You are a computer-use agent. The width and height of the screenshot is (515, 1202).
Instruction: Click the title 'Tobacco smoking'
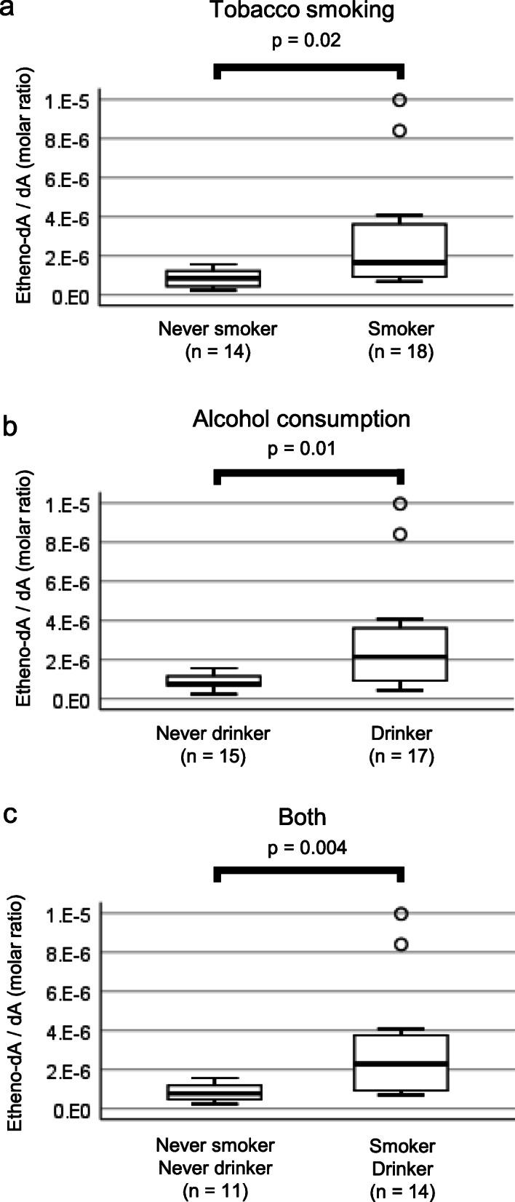click(x=302, y=11)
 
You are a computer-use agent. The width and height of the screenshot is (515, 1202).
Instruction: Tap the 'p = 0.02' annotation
click(x=306, y=41)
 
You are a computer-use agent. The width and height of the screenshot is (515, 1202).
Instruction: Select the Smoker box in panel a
click(x=399, y=250)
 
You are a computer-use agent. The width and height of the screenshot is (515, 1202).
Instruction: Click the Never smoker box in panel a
click(x=213, y=279)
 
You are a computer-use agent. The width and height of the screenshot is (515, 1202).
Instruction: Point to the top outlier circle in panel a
click(x=399, y=100)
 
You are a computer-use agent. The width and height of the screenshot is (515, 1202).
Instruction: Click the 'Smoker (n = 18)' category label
click(x=401, y=341)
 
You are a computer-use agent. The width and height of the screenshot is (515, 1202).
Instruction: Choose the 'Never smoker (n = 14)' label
click(x=217, y=341)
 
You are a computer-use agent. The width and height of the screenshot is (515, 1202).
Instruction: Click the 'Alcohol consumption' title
click(x=301, y=419)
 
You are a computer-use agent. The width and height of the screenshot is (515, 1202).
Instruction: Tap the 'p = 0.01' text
click(x=302, y=448)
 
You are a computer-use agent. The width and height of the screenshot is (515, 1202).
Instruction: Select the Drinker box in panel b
click(x=399, y=654)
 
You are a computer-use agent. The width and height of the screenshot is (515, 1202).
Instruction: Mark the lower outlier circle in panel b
click(x=399, y=535)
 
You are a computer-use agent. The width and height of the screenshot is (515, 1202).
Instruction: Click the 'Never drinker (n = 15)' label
click(x=213, y=744)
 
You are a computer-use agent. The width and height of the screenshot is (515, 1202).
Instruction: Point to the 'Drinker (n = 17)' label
click(x=401, y=744)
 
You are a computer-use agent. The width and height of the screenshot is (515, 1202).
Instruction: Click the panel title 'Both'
click(x=303, y=817)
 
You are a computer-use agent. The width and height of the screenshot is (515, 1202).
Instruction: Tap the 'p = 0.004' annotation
click(x=305, y=848)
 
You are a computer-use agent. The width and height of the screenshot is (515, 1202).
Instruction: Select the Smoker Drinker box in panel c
click(x=400, y=1062)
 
